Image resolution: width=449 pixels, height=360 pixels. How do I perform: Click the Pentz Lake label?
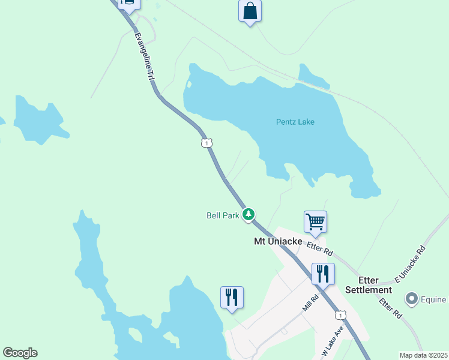[295, 122]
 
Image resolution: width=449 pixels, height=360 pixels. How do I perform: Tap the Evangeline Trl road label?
[143, 57]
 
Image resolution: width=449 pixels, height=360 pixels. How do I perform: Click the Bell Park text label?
[223, 215]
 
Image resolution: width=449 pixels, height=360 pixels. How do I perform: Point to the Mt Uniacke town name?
[278, 241]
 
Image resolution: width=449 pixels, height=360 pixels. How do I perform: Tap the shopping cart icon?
[315, 222]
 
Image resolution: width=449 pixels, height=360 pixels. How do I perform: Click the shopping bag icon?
[250, 11]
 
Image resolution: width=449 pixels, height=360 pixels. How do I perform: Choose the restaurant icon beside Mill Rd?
[323, 274]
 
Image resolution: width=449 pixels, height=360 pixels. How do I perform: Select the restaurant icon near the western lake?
[232, 297]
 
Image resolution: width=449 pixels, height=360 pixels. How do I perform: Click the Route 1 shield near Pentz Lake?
[206, 143]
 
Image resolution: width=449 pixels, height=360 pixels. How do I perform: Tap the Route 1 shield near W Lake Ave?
[340, 315]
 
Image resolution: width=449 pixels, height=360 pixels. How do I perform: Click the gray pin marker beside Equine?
[412, 298]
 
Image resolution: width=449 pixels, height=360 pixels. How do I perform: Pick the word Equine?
[434, 299]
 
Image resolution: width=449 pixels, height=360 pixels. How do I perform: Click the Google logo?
[20, 353]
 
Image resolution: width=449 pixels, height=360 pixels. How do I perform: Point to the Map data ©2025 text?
[423, 355]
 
